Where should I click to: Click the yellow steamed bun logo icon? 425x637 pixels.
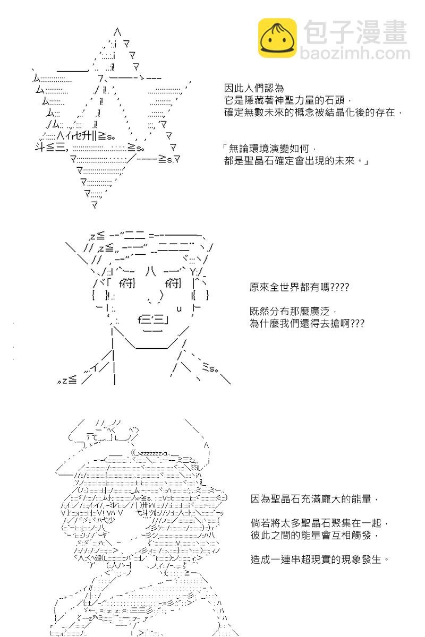277,38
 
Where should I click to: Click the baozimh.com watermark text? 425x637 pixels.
355,53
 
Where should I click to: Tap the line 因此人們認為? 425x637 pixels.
253,88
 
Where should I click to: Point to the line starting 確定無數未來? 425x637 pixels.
312,113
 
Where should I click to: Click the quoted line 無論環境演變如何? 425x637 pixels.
269,149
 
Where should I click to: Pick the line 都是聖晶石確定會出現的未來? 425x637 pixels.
296,161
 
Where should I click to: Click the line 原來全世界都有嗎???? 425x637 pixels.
299,287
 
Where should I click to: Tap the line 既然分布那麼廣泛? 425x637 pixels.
293,312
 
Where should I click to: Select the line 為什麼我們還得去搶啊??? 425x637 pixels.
307,323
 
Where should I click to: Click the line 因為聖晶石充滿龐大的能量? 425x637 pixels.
314,499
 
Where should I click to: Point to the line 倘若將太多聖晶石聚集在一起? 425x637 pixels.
319,523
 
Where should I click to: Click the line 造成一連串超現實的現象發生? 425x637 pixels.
319,559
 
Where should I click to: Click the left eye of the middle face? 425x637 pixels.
127,283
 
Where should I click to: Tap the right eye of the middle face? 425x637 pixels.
173,283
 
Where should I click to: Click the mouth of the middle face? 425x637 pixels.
153,321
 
